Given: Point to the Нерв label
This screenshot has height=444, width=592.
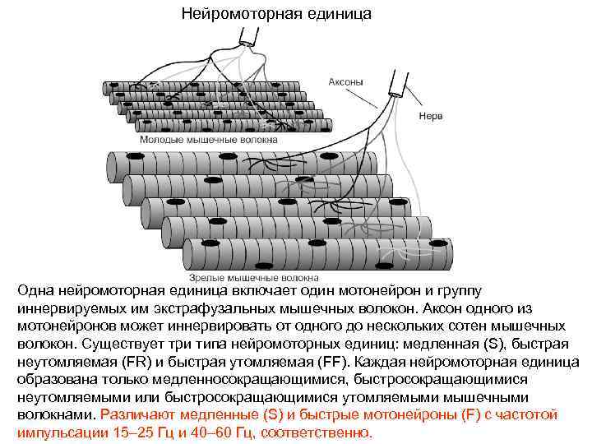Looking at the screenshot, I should (430, 115).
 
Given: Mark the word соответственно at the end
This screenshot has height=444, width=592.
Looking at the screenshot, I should (315, 432).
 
